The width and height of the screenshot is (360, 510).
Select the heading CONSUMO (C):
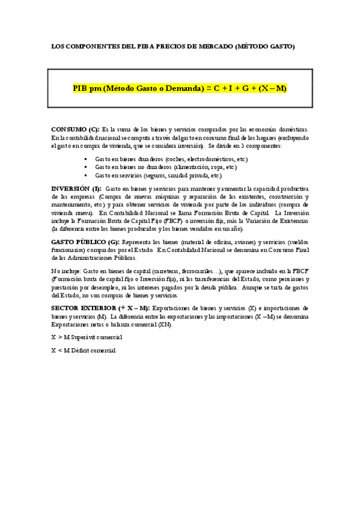pyautogui.click(x=76, y=129)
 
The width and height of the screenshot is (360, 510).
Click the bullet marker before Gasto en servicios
pyautogui.click(x=88, y=176)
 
